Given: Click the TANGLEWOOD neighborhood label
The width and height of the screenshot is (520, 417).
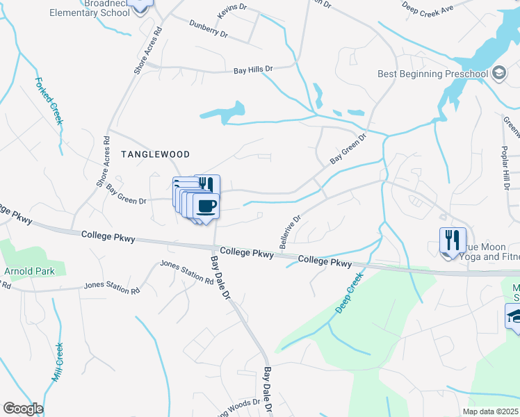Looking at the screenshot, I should pyautogui.click(x=156, y=154).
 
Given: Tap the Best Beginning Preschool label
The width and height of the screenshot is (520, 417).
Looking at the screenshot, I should pyautogui.click(x=433, y=74).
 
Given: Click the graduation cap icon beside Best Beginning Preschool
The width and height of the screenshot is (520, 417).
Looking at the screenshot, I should pyautogui.click(x=498, y=73).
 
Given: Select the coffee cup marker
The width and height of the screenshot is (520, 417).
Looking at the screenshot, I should pyautogui.click(x=207, y=206).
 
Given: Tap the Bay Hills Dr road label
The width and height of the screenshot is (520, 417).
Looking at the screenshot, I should pyautogui.click(x=253, y=69).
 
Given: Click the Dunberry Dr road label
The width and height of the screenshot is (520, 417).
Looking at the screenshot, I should pyautogui.click(x=209, y=27).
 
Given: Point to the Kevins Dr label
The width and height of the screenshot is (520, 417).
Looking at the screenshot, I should pyautogui.click(x=231, y=10).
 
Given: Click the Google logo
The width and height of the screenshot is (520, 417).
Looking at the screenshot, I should pyautogui.click(x=22, y=409).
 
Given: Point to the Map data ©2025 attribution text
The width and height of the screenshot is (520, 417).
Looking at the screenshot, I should pyautogui.click(x=491, y=411).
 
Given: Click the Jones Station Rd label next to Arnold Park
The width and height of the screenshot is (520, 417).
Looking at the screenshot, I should pyautogui.click(x=112, y=286).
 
